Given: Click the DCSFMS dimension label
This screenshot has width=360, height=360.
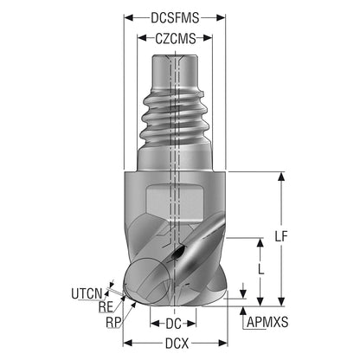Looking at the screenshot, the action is click(x=175, y=18).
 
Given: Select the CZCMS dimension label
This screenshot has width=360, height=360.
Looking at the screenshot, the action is click(x=176, y=38).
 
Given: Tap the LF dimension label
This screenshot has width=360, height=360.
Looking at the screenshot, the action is click(x=281, y=236).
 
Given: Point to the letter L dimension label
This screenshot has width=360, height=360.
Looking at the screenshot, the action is click(x=260, y=269).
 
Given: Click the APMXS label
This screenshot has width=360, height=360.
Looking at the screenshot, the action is click(x=267, y=322).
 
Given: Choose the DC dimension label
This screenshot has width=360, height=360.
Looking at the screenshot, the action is click(x=173, y=324).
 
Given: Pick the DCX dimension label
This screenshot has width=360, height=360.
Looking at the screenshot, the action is click(x=177, y=344).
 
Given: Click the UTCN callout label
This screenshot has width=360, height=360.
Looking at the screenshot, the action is click(x=87, y=293).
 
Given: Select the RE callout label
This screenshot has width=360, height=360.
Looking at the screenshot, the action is click(x=106, y=307).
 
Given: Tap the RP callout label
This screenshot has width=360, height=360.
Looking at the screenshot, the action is click(x=113, y=322).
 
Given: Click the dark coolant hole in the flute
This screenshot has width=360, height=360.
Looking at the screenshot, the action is click(x=177, y=253).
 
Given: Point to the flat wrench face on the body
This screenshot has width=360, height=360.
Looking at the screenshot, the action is click(x=175, y=203).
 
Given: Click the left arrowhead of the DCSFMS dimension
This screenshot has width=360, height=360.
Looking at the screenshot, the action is click(x=128, y=18).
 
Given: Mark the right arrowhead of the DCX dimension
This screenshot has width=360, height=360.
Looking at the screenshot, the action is click(x=223, y=344).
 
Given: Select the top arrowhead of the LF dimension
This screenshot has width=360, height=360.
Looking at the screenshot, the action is click(x=281, y=177).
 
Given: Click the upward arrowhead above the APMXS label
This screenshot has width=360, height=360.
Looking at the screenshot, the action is click(x=243, y=311).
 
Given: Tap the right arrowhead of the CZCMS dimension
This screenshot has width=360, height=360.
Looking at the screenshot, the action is click(x=208, y=38).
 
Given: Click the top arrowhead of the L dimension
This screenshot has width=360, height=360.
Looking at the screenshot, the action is click(x=260, y=243).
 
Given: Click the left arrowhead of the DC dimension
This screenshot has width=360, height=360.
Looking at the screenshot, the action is click(x=155, y=324).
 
